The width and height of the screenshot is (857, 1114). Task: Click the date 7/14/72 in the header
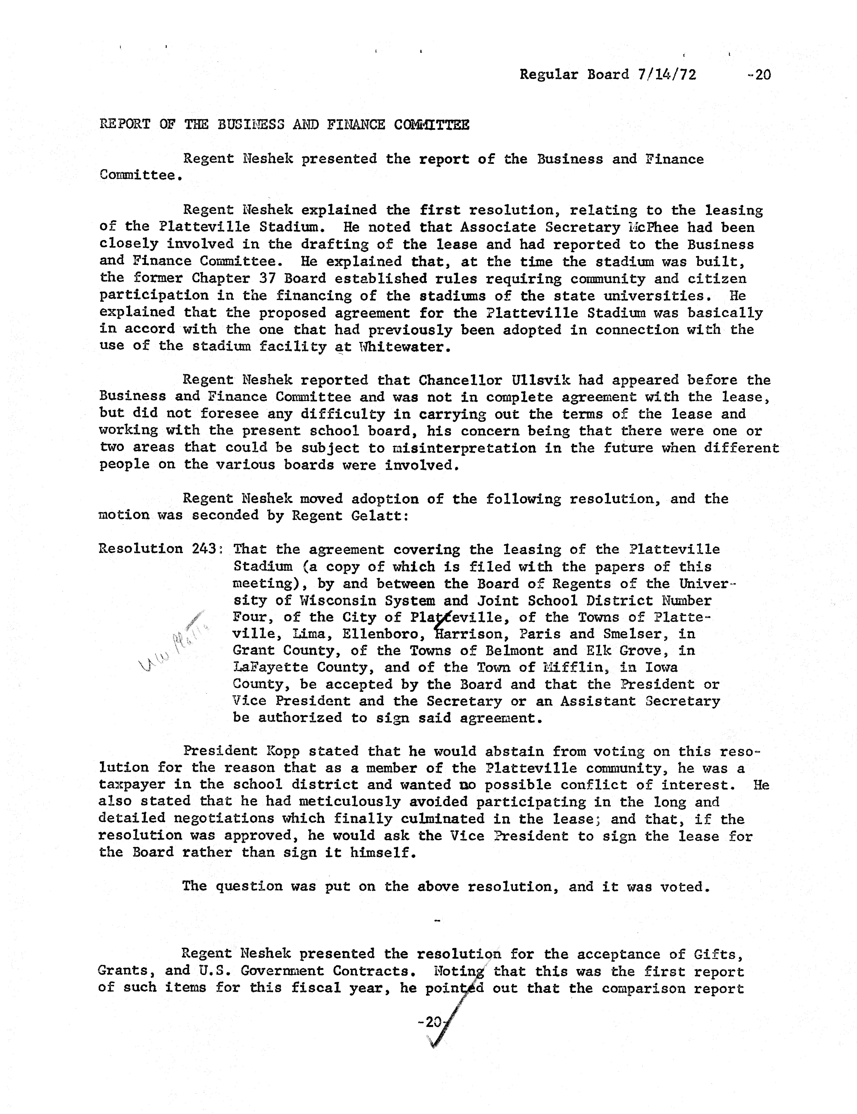tap(666, 75)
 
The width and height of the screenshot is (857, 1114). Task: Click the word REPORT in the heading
tap(124, 124)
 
